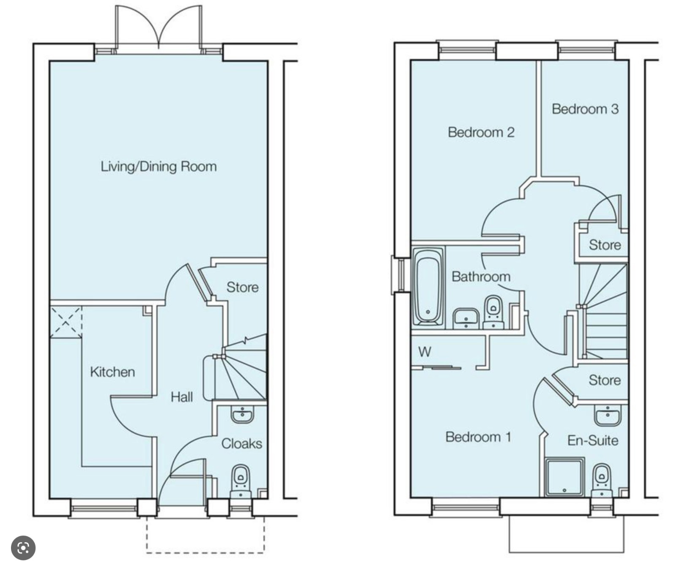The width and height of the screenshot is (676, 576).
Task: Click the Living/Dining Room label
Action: [158, 166]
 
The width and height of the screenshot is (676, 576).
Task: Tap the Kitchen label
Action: [112, 372]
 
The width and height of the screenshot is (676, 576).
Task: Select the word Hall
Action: [182, 397]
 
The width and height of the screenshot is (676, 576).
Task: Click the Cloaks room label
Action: [242, 443]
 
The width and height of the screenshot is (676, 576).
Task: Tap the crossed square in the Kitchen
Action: [66, 322]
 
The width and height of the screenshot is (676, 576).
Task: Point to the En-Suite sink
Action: [607, 415]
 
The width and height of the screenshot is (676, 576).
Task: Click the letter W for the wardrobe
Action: [425, 351]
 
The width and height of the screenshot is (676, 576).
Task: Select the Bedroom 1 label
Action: [478, 437]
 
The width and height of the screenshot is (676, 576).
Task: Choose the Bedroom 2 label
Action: [481, 132]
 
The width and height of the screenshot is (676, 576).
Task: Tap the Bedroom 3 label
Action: [585, 109]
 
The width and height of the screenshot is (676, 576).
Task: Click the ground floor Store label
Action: [243, 287]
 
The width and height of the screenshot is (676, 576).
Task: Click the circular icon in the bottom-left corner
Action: [23, 548]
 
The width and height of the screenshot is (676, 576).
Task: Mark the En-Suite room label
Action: [593, 440]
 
